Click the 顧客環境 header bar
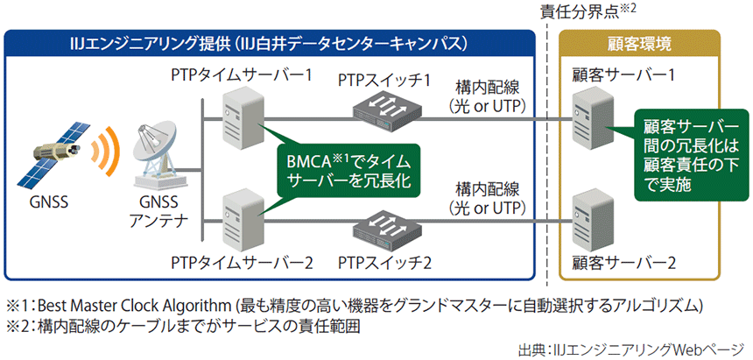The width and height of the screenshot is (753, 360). (639, 43)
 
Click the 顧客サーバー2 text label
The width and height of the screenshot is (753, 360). (623, 261)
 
